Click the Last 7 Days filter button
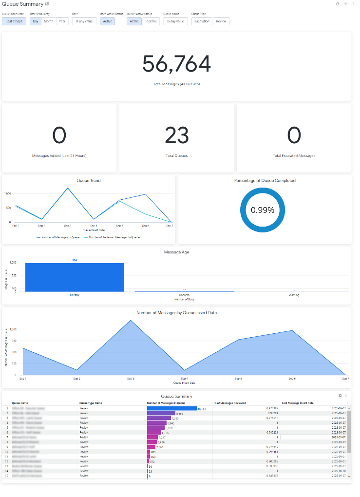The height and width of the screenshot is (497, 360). [14, 21]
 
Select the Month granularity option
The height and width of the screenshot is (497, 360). [49, 21]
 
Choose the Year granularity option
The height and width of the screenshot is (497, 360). [62, 21]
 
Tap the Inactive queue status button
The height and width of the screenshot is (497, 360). [151, 21]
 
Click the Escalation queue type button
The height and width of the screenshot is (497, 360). [202, 21]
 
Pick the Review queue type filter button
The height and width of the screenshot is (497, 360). [221, 21]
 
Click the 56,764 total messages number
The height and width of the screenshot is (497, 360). [176, 64]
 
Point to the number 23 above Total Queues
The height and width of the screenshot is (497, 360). [176, 135]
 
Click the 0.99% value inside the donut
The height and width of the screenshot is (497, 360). [263, 210]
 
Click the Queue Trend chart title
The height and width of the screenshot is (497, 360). [89, 180]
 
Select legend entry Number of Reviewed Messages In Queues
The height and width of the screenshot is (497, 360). [112, 237]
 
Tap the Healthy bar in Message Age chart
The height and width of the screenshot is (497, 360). [75, 277]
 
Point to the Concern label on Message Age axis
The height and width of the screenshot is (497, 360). [184, 295]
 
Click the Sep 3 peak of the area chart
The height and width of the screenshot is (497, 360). [131, 321]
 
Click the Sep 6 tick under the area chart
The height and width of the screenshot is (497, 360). [292, 379]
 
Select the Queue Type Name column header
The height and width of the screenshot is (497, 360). [91, 403]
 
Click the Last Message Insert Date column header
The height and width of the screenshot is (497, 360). [298, 403]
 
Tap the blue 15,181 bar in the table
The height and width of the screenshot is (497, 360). [171, 408]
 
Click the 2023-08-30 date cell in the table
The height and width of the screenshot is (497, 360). [339, 471]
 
